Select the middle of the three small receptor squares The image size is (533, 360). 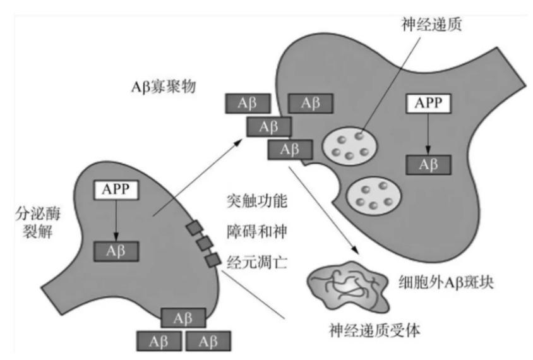(203, 243)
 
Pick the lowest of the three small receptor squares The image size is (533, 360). (213, 259)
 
